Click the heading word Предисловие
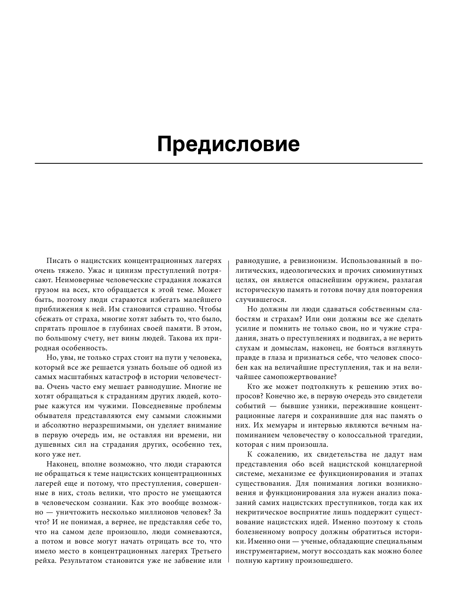pyautogui.click(x=228, y=144)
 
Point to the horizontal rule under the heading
pyautogui.click(x=228, y=163)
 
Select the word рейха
pyautogui.click(x=45, y=561)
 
